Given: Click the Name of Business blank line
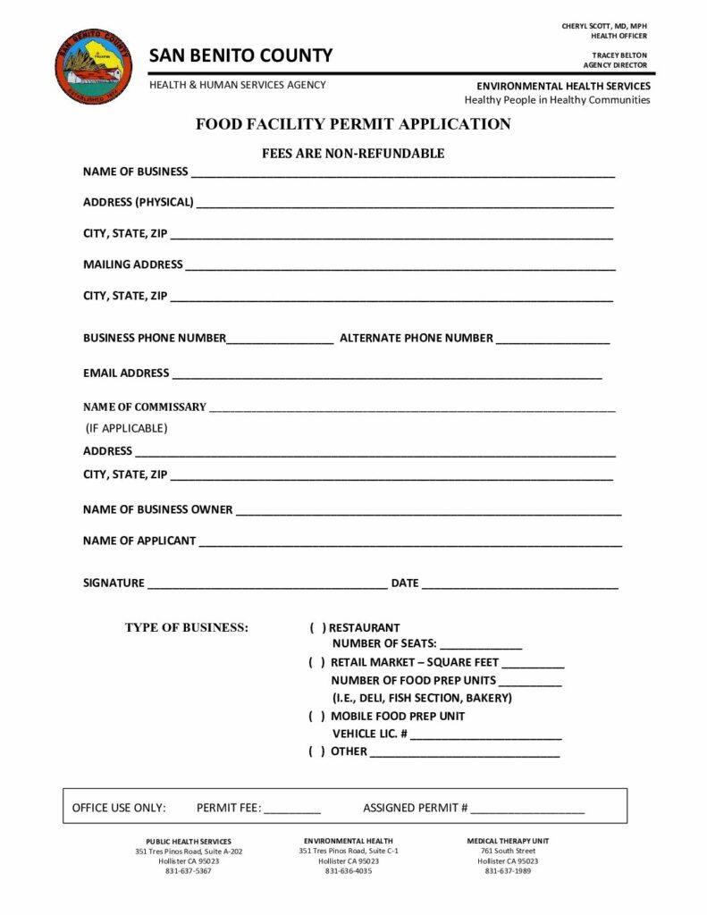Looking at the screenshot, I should coord(402,173).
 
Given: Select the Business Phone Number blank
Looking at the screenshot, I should coord(281,340).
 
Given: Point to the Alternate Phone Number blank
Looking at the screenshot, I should coord(552,340).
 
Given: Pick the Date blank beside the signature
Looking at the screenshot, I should coord(519,585).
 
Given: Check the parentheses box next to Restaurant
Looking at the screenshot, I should coord(316,628).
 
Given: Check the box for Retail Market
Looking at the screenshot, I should coord(316,663).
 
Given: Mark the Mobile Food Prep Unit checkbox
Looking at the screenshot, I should coord(316,717).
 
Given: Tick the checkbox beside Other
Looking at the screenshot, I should coord(316,751).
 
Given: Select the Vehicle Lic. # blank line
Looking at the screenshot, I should coord(486,735).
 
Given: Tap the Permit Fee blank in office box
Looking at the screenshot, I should coord(292,810).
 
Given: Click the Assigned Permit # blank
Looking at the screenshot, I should coord(528,810).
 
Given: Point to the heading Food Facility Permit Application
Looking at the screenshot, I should coord(353,124).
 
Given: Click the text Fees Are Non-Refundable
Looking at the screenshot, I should coord(353,154).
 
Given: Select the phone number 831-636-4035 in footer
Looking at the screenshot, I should coord(349,871).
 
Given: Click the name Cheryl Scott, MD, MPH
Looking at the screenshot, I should coord(604,26).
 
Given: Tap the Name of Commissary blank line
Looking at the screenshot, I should coord(411,409).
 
